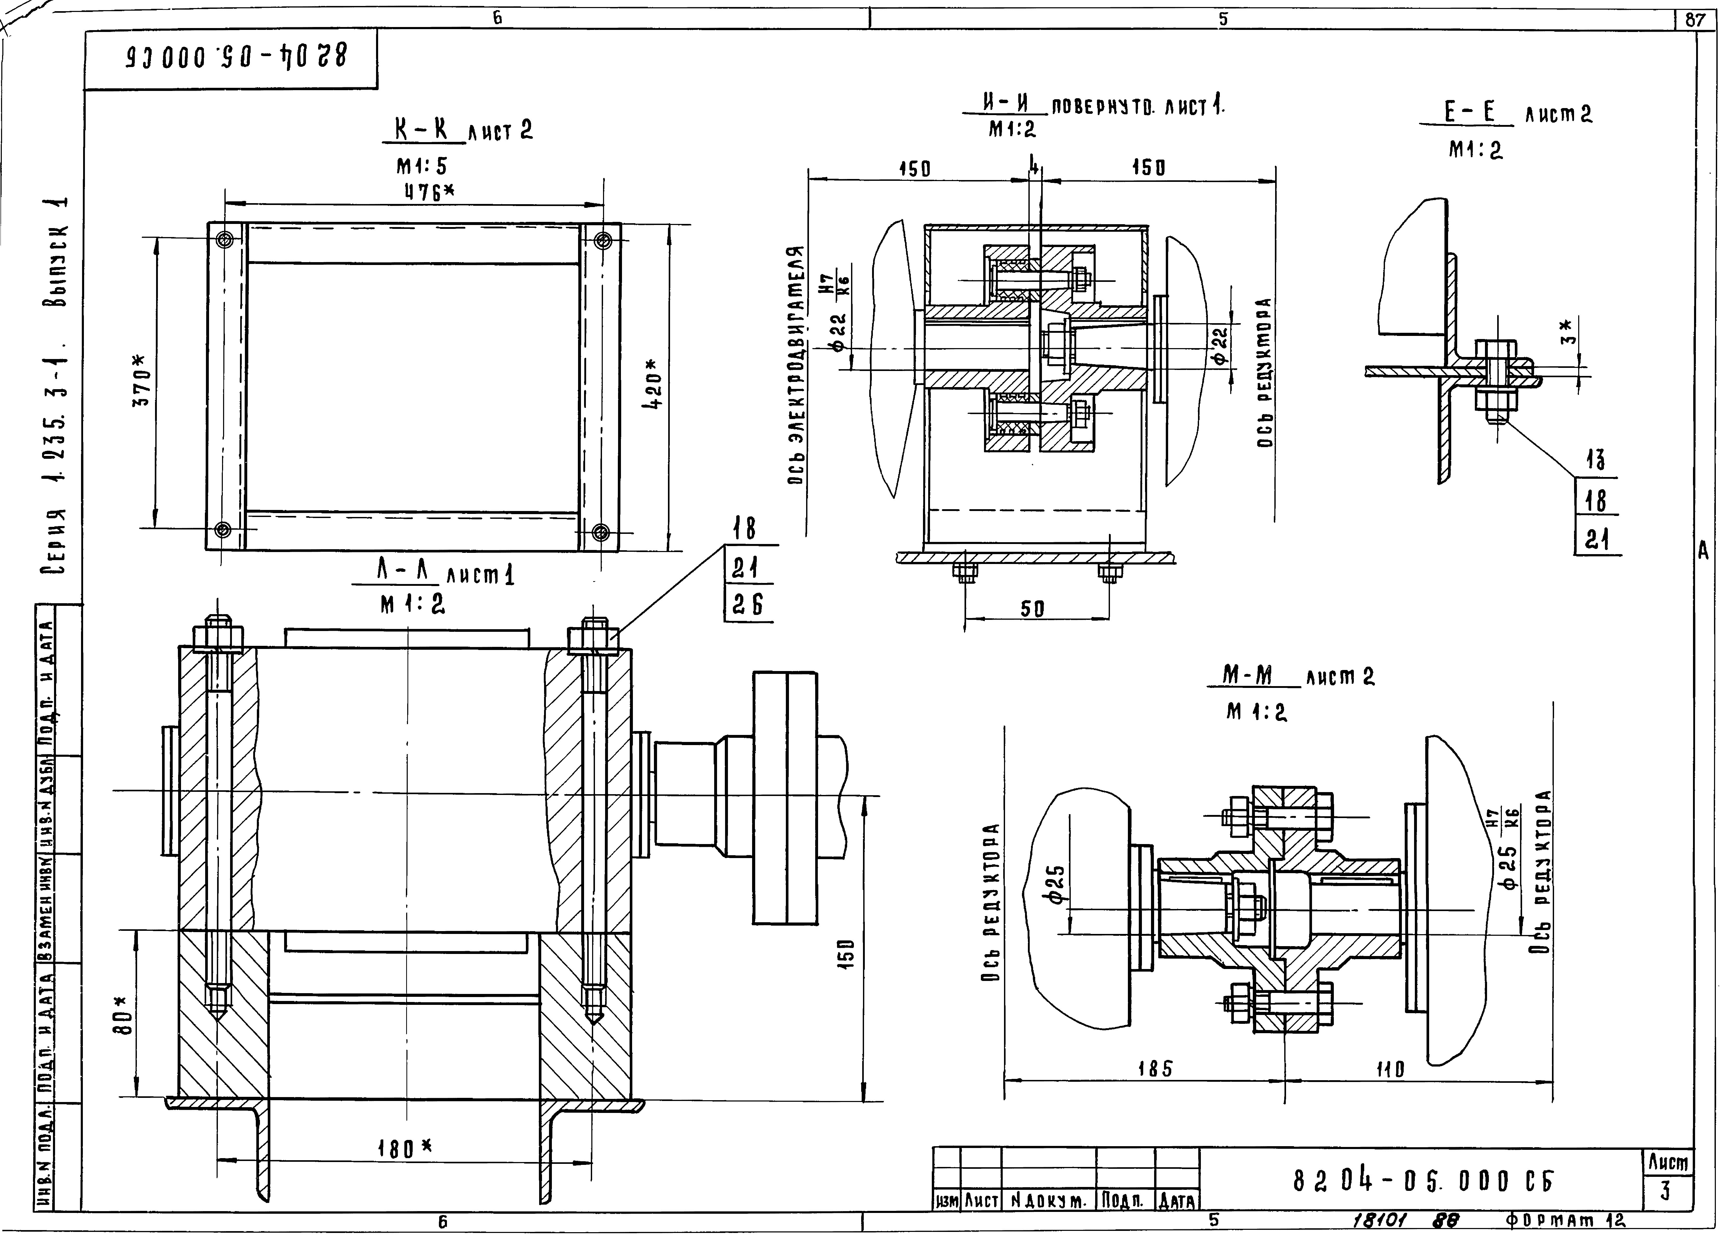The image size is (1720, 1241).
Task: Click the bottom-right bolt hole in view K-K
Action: pyautogui.click(x=600, y=531)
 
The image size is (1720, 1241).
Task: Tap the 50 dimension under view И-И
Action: pyautogui.click(x=1032, y=608)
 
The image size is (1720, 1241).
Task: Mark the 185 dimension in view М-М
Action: pyautogui.click(x=1155, y=1069)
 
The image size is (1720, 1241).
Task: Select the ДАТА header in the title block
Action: pyautogui.click(x=1176, y=1201)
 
